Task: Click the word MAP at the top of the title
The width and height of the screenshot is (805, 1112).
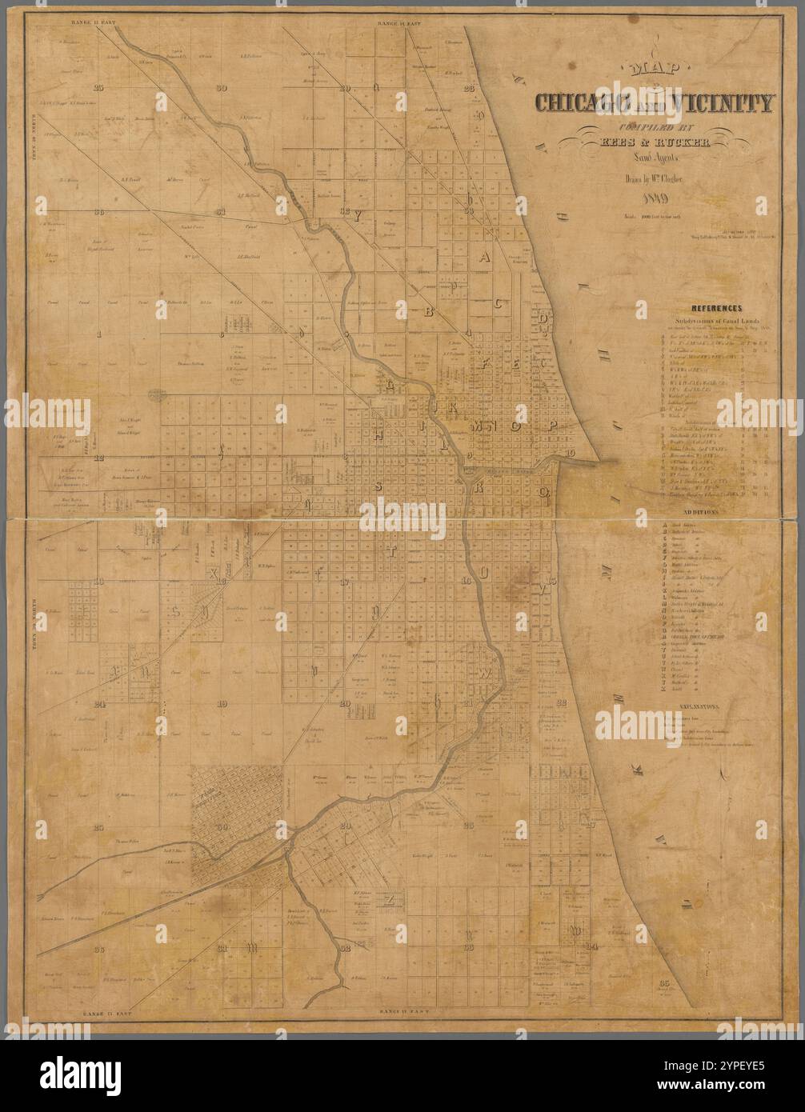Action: pyautogui.click(x=652, y=70)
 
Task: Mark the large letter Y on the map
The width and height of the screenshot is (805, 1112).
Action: pyautogui.click(x=358, y=214)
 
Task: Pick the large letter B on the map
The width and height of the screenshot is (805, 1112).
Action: pyautogui.click(x=428, y=312)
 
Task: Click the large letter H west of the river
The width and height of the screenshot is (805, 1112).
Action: pyautogui.click(x=378, y=433)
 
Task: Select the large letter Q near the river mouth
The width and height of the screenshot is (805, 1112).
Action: pyautogui.click(x=543, y=491)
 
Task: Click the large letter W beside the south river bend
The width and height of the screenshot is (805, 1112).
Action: pyautogui.click(x=485, y=674)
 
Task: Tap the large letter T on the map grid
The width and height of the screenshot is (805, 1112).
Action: pyautogui.click(x=392, y=551)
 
